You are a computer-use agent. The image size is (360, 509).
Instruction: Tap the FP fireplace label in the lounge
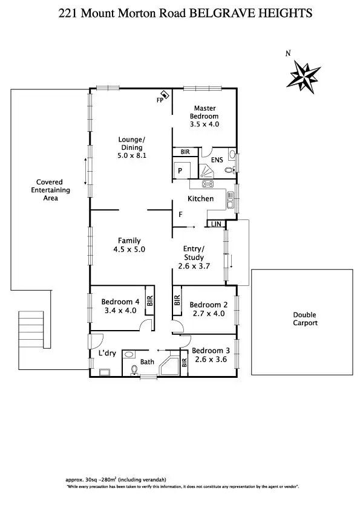tap(160, 100)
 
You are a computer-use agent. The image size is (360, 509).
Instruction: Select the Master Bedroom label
tap(205, 112)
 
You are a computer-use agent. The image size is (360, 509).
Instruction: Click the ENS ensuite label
tap(217, 159)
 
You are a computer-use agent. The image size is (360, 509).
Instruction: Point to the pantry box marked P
tap(180, 171)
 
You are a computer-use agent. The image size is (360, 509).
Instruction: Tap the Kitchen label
tap(200, 198)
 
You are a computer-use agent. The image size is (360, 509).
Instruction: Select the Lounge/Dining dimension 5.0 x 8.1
tap(131, 155)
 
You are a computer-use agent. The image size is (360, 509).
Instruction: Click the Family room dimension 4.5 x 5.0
tap(129, 249)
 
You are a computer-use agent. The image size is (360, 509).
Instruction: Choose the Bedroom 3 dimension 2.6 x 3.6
tap(211, 358)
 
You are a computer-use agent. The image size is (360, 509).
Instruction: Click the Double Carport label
tap(304, 319)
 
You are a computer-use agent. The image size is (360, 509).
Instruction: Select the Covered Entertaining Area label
tap(50, 190)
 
